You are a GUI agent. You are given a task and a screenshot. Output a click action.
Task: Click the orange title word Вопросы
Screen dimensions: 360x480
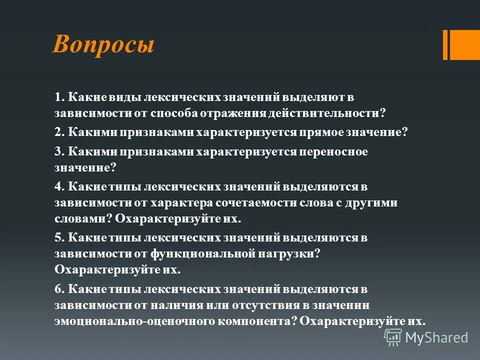(103, 45)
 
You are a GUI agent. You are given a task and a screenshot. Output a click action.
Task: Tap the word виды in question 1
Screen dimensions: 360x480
(128, 96)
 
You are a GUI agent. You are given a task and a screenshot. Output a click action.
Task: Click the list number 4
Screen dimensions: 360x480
(58, 186)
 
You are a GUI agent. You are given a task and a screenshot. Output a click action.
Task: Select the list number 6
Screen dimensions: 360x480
(58, 289)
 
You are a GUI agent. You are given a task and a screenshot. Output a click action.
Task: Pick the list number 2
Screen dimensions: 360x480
(58, 132)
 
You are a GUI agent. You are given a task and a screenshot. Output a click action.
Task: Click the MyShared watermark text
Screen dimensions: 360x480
(436, 337)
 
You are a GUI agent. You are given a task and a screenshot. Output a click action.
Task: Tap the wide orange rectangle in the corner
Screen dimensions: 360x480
(465, 44)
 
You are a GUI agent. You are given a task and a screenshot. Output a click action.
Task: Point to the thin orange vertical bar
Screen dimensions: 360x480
(445, 44)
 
